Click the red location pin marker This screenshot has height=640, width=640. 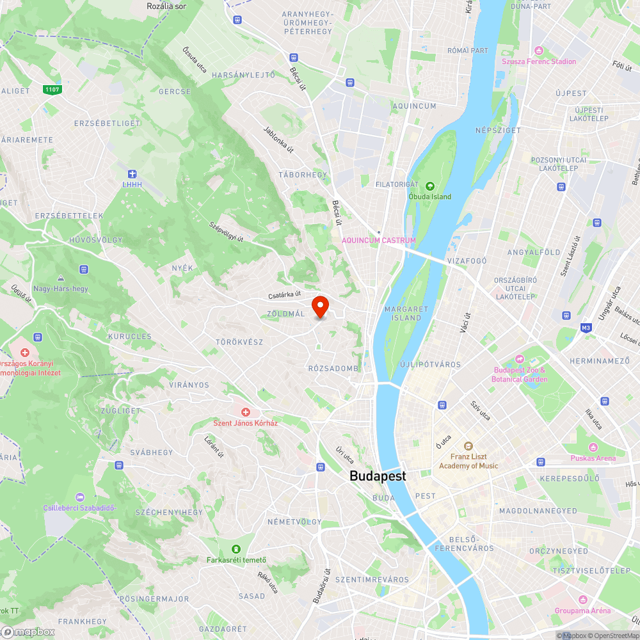(320, 307)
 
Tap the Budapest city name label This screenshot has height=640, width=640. (378, 476)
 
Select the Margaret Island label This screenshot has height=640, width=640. (406, 313)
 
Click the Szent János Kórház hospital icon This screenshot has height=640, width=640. (245, 412)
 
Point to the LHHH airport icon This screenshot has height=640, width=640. (132, 174)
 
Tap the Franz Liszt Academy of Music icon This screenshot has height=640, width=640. (468, 445)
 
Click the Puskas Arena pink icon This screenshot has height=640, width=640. (593, 447)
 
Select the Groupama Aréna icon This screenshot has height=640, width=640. (582, 600)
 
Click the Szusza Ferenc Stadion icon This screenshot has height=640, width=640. (539, 51)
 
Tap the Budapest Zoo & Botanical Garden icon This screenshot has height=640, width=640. (520, 359)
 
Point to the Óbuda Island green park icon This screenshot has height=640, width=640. (430, 186)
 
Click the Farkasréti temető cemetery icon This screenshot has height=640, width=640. (236, 548)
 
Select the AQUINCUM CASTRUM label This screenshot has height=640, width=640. (379, 241)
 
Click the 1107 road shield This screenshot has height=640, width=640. (52, 89)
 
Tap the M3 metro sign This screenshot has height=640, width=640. (585, 328)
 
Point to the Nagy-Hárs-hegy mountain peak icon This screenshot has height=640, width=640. (61, 278)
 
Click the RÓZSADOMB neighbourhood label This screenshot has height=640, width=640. (333, 368)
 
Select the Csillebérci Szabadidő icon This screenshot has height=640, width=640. (79, 497)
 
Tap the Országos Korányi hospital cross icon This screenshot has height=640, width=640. (25, 353)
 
